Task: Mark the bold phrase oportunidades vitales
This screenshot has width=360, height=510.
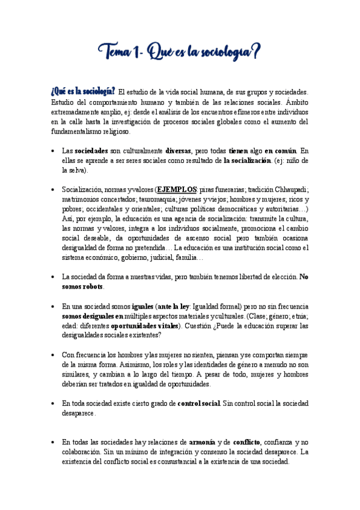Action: point(145,326)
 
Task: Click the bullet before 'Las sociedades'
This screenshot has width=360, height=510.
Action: point(54,151)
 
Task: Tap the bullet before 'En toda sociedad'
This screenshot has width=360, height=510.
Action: point(54,403)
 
